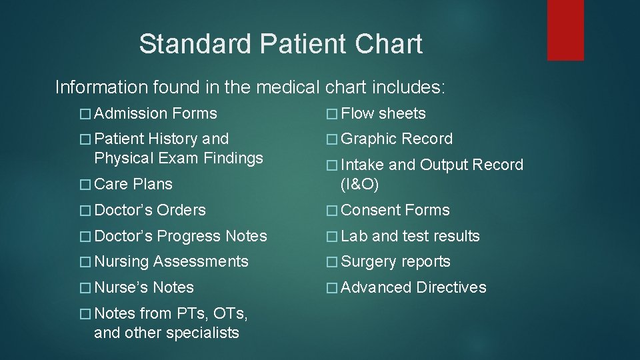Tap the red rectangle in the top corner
(x=565, y=30)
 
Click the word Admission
(x=131, y=114)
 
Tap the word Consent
(x=371, y=211)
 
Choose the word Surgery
(x=369, y=262)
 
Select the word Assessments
(x=201, y=262)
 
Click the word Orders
(x=181, y=211)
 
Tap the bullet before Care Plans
(x=84, y=185)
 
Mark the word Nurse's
(x=121, y=288)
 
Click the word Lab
(x=354, y=237)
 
